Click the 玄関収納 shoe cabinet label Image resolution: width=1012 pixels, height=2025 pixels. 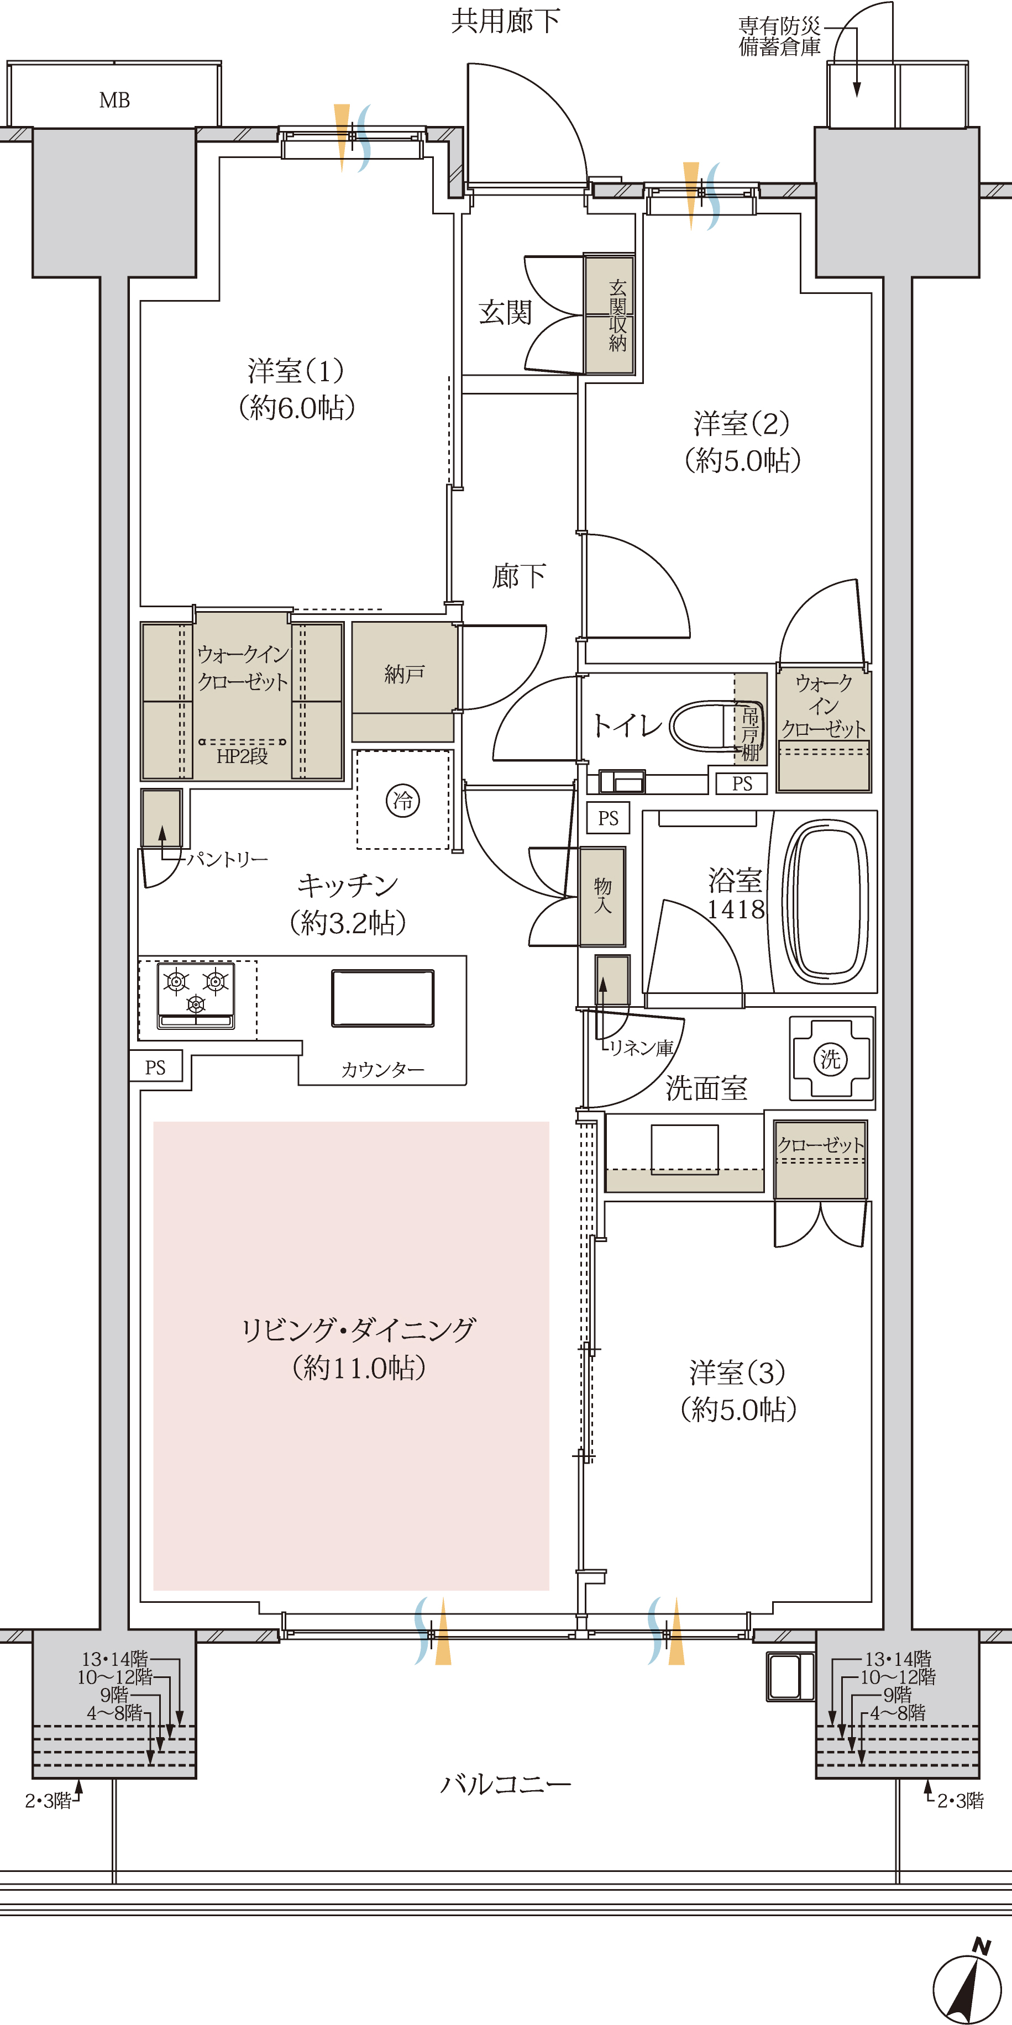tap(618, 315)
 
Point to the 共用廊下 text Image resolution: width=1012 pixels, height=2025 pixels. tap(506, 21)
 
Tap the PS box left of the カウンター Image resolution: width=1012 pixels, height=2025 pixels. tap(156, 1067)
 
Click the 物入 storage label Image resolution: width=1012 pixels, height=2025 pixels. tap(602, 896)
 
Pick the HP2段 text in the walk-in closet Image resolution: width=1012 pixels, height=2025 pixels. tap(242, 756)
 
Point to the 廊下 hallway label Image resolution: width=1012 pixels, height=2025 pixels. tap(519, 576)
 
